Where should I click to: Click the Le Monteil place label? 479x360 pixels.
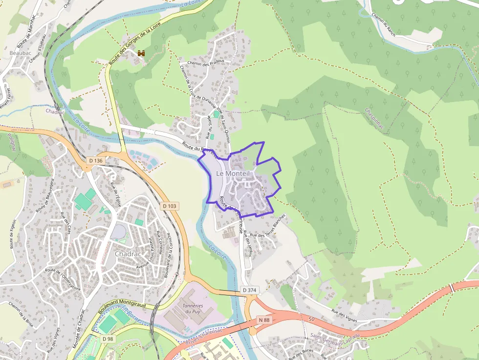[x=233, y=173]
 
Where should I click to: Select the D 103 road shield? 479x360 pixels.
[x=169, y=206]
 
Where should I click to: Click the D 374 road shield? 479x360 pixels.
[x=250, y=291]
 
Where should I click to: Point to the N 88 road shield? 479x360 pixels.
[x=264, y=320]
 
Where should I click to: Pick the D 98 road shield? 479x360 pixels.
[x=109, y=339]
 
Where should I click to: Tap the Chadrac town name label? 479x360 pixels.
[x=128, y=254]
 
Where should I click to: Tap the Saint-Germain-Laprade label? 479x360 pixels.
[x=335, y=336]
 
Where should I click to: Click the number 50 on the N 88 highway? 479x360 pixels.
[x=312, y=318]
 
